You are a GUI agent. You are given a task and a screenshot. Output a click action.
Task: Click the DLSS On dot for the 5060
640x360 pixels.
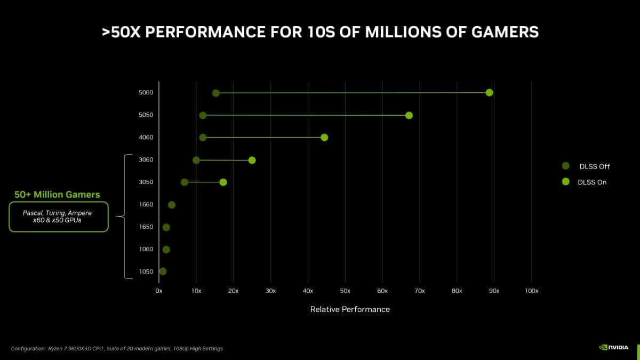[x=489, y=93]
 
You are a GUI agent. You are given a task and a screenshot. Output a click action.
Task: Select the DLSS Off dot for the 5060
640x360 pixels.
[x=215, y=93]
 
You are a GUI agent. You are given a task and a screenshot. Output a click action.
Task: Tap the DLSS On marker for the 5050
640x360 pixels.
[x=409, y=115]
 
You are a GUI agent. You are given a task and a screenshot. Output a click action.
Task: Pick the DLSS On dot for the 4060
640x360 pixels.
[x=324, y=138]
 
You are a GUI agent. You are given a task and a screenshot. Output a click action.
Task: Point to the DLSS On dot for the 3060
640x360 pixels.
[x=252, y=160]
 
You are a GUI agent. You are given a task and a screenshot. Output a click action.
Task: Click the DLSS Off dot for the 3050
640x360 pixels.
[x=185, y=182]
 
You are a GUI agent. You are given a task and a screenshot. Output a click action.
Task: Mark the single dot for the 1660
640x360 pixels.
[x=172, y=205]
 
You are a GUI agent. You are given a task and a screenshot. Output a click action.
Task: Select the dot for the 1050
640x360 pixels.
[x=163, y=271]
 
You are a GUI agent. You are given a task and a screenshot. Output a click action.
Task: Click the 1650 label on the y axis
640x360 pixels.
[x=146, y=227]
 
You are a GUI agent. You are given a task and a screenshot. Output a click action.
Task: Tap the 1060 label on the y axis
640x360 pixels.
[x=146, y=249]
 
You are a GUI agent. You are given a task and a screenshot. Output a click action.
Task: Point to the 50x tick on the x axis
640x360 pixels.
[x=345, y=291]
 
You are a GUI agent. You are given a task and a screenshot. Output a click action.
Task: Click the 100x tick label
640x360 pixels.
[x=532, y=291]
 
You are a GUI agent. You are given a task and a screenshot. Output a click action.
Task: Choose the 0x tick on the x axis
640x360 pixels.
[x=159, y=291]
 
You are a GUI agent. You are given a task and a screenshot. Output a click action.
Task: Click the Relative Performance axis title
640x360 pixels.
[x=350, y=309]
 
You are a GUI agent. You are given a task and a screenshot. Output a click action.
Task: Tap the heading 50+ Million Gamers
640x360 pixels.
[x=57, y=195]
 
